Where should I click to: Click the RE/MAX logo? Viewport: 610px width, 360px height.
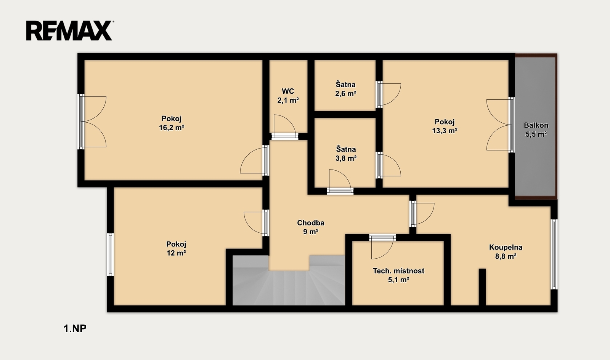coord(69,30)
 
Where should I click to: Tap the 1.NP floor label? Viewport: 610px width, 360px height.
coord(75,329)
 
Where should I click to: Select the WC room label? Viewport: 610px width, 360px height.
coord(288,91)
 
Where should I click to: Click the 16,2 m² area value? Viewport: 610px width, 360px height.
coord(172,128)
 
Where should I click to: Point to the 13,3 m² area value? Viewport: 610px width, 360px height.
coord(445,131)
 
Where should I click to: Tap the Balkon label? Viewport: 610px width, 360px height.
coord(536,125)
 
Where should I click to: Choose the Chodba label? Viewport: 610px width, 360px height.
coord(311,223)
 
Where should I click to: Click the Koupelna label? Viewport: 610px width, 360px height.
coord(506,247)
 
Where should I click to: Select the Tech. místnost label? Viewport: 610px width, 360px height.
coord(399,271)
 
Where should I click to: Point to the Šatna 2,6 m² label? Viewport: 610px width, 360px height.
coord(345,89)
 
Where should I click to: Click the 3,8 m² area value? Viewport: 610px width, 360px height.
coord(346,158)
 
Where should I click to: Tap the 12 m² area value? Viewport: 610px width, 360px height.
coord(176,253)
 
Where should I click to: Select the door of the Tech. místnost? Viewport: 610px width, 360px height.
coord(382,246)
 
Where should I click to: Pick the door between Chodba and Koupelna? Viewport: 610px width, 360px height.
coord(422,214)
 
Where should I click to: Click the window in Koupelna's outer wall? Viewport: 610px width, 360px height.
coord(554,254)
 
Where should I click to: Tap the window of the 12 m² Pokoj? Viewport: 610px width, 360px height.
coord(110,254)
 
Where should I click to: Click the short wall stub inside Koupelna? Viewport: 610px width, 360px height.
coord(482,287)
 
